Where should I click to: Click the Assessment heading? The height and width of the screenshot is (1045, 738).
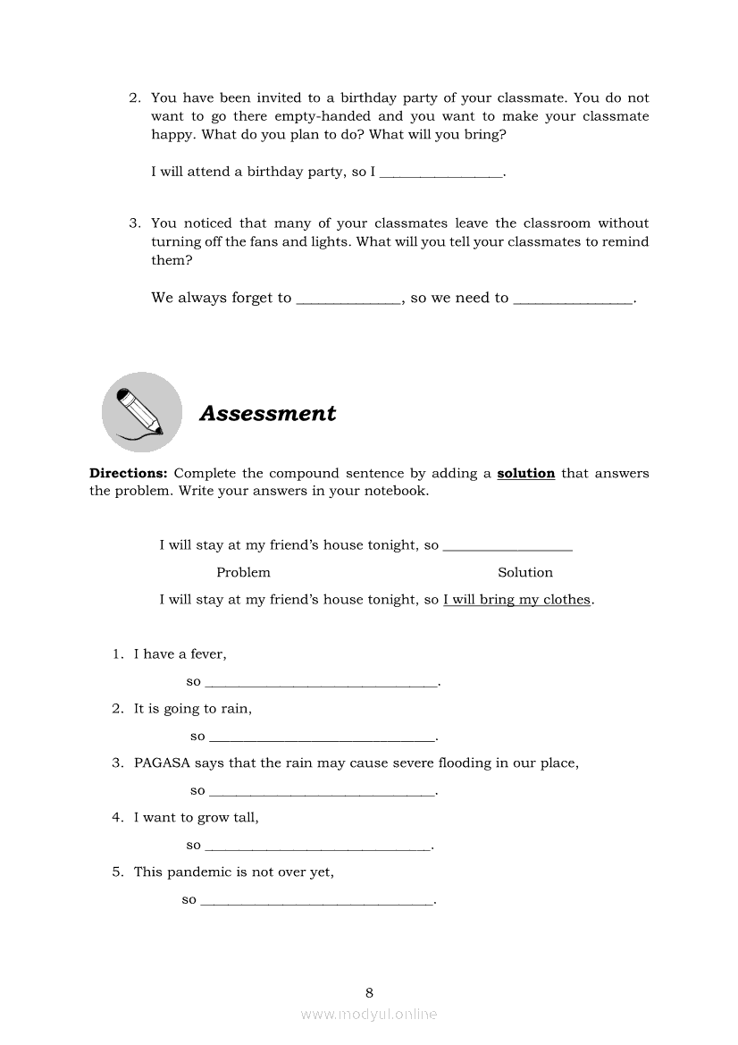click(267, 413)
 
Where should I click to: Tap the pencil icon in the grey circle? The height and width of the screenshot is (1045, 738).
click(141, 412)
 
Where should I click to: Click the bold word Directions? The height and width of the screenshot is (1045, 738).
click(128, 473)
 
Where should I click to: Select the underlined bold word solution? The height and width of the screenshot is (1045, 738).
click(525, 473)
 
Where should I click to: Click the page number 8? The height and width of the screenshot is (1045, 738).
click(369, 992)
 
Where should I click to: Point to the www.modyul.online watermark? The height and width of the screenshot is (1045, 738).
click(369, 1014)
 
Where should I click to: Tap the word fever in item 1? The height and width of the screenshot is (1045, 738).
click(207, 653)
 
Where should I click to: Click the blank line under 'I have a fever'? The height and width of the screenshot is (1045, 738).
click(322, 684)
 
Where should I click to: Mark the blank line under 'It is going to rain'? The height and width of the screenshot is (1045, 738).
click(322, 738)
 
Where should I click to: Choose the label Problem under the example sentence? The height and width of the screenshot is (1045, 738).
click(243, 572)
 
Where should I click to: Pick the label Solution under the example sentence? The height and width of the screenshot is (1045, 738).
click(525, 572)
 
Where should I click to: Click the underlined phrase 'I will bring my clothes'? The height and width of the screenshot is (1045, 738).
click(517, 600)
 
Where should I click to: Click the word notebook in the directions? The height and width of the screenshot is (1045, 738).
click(394, 491)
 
